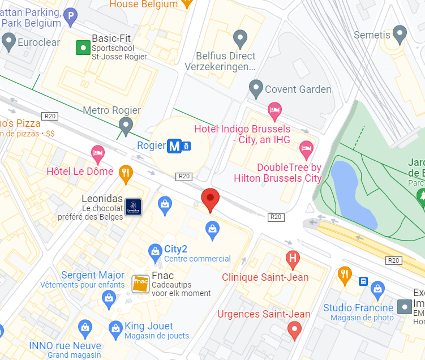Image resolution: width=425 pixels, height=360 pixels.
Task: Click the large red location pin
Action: point(211,198)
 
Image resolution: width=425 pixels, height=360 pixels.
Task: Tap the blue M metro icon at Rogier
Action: point(174,146)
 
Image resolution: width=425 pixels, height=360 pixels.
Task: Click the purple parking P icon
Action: point(70,16)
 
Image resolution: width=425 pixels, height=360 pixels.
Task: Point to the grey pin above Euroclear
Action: point(8,40)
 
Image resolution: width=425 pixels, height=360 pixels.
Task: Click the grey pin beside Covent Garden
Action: point(256,88)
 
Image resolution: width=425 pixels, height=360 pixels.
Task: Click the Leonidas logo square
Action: point(133,207)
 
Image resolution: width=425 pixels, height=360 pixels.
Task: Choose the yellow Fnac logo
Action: point(140,284)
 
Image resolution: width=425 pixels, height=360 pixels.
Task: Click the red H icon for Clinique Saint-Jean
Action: point(292,260)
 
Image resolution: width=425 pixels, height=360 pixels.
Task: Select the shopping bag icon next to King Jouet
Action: point(115,327)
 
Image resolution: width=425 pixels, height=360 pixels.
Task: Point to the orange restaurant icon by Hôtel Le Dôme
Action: point(126,172)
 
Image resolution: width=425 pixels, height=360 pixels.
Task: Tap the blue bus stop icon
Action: point(363,281)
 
